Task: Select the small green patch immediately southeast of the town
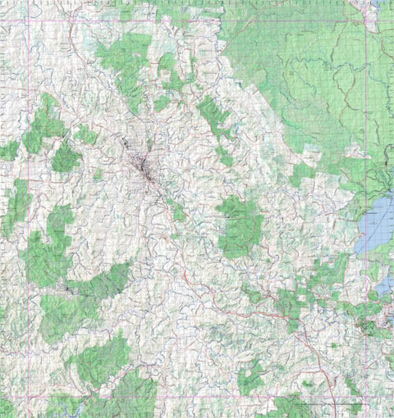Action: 177,211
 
